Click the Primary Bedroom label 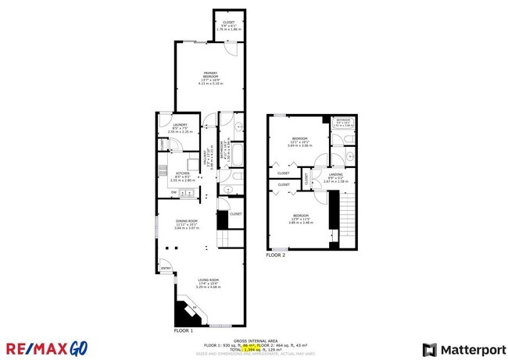coord(207,77)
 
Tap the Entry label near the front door coord(166,269)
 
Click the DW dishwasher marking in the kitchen coord(174,191)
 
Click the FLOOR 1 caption coord(183,330)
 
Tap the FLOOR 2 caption coord(275,255)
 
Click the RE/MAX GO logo coord(47,348)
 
